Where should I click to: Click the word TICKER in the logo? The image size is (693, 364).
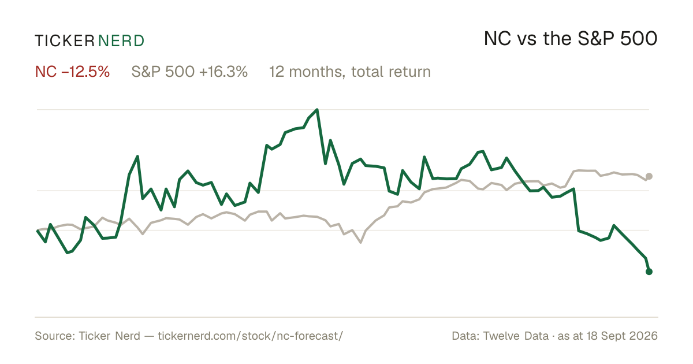[x=65, y=41]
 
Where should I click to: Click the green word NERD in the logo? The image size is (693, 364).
[x=121, y=41]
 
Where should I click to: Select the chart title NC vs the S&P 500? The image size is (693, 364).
[x=571, y=39]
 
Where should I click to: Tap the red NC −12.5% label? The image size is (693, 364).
[x=72, y=72]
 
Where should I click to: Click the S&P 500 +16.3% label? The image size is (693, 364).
[x=189, y=72]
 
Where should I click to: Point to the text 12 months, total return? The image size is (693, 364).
[x=350, y=72]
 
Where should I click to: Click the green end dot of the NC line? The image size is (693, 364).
[x=649, y=272]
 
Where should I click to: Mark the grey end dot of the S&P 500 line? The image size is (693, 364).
[x=649, y=176]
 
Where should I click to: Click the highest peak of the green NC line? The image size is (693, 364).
[x=317, y=110]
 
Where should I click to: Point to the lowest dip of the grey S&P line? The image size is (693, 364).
[x=360, y=242]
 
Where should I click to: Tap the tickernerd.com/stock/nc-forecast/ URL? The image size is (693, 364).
[x=250, y=336]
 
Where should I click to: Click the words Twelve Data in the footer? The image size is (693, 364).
[x=516, y=336]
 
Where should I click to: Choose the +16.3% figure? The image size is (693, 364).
[x=223, y=72]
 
